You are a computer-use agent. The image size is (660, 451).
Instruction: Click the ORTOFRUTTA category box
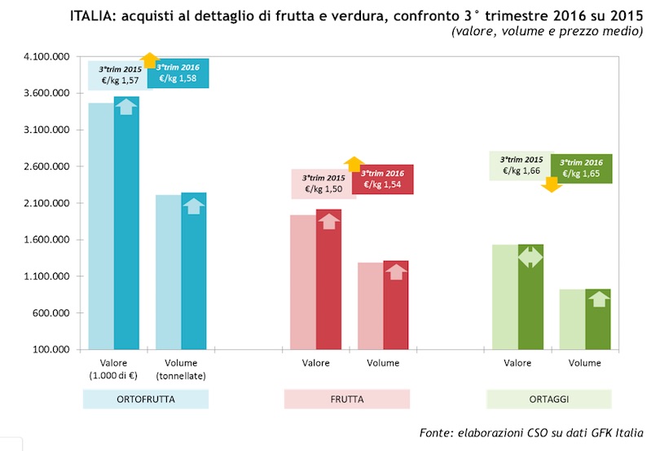click(x=146, y=399)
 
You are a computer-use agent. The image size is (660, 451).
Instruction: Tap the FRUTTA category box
click(x=346, y=399)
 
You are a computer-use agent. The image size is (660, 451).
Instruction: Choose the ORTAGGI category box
click(x=548, y=399)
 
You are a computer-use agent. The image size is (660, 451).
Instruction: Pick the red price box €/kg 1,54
click(x=383, y=179)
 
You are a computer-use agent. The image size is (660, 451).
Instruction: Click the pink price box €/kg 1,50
click(x=322, y=183)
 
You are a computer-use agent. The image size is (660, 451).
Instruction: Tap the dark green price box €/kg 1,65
click(x=582, y=168)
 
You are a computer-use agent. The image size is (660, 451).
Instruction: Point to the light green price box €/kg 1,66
click(x=520, y=166)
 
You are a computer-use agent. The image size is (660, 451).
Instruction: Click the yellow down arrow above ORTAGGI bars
click(x=552, y=183)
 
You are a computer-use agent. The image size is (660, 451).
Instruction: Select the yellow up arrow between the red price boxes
click(x=354, y=164)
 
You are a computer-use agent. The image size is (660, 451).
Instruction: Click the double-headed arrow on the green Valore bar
click(x=530, y=258)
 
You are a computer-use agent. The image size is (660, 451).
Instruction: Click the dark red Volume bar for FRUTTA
click(x=396, y=306)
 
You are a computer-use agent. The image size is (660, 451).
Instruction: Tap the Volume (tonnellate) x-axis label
click(x=181, y=369)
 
